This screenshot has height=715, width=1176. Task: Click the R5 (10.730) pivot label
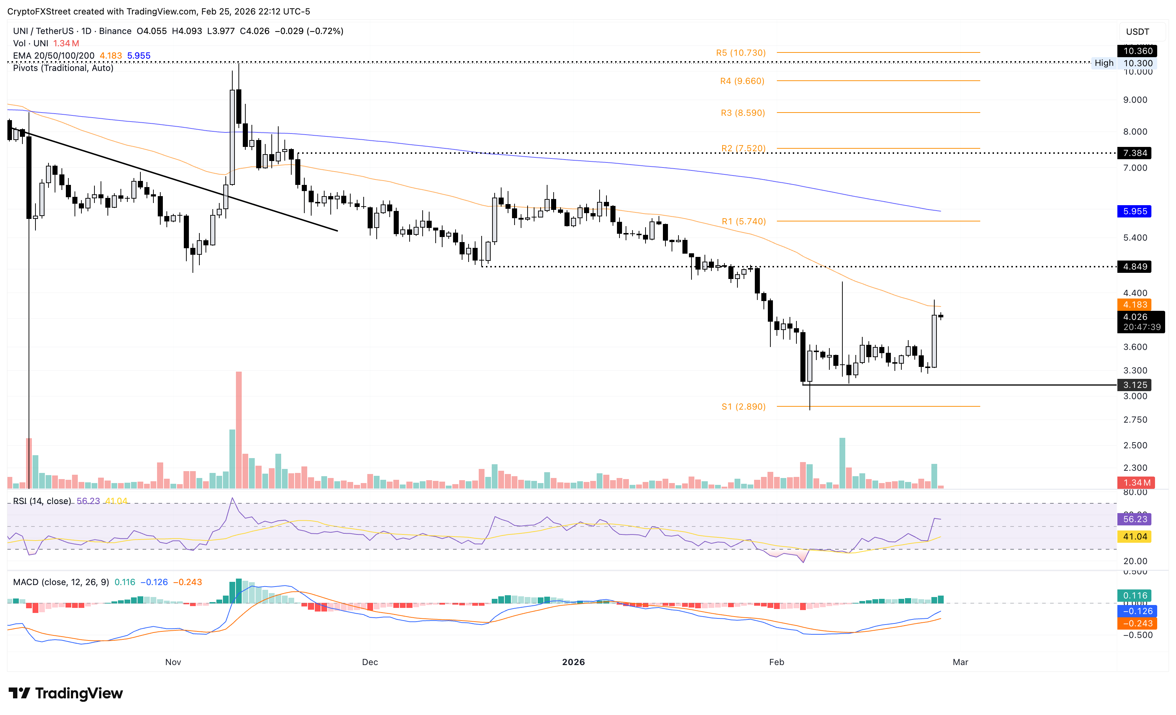click(740, 53)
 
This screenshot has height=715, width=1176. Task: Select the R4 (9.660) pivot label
click(742, 81)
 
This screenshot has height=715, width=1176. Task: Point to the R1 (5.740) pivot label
click(743, 221)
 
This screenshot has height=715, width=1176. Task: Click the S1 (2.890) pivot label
click(743, 407)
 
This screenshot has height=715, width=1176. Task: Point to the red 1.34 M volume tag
click(1135, 483)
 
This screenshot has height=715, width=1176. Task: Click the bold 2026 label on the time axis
click(573, 662)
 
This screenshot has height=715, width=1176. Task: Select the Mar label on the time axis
click(960, 662)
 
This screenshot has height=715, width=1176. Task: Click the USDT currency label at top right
click(1137, 32)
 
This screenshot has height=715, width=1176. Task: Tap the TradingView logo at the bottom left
click(66, 693)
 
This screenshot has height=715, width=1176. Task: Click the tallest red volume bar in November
click(238, 430)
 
